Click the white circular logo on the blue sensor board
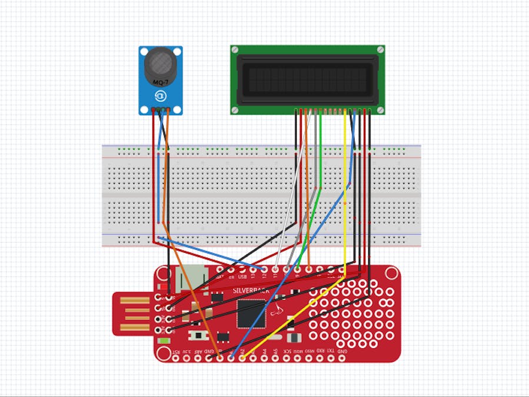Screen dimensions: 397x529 tap(160, 96)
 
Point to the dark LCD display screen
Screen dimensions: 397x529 tap(307, 77)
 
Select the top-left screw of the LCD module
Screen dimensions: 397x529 tap(235, 51)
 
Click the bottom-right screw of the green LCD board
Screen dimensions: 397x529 tap(380, 109)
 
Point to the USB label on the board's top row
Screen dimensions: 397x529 tap(242, 276)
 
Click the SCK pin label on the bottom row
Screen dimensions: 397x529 tap(287, 352)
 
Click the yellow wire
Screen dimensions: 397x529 tap(344, 194)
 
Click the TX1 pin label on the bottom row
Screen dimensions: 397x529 tap(331, 352)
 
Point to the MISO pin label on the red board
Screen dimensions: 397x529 tap(310, 352)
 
